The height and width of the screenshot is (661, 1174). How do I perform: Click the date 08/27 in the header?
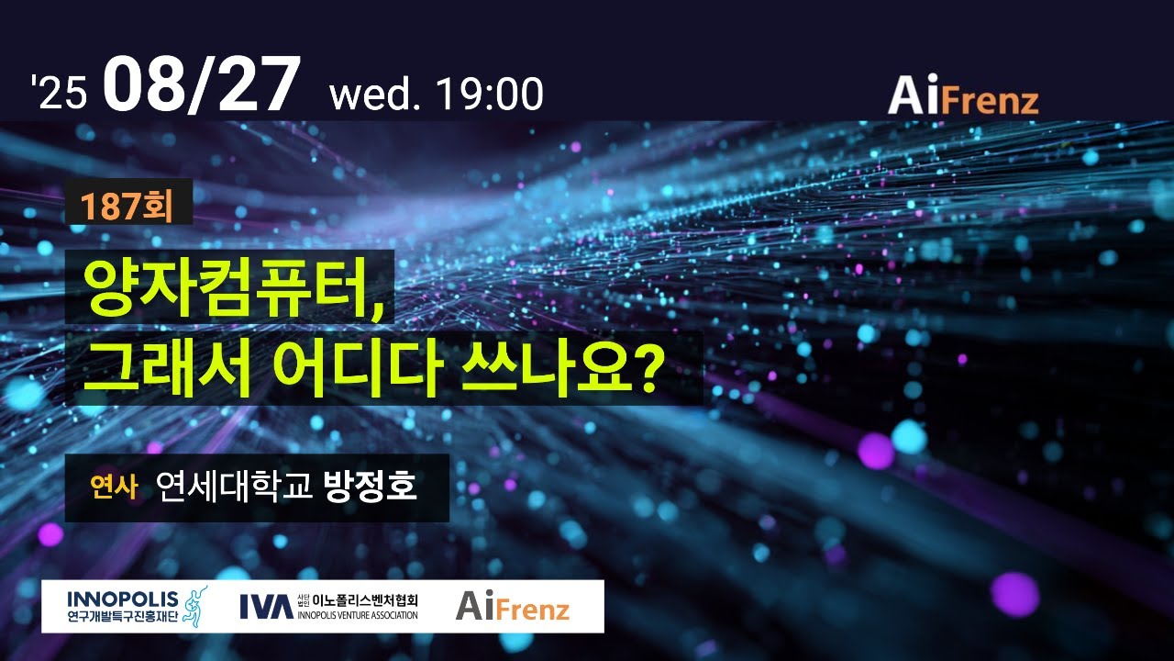tap(202, 86)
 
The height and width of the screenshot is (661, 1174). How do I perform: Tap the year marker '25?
tap(59, 94)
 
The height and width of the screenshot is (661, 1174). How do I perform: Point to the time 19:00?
tap(490, 95)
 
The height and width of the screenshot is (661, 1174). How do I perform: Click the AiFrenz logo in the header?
tap(962, 95)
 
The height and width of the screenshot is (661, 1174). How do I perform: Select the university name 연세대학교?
tap(235, 486)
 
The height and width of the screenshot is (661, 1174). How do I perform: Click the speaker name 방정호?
tap(371, 486)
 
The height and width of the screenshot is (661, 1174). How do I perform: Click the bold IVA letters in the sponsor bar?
tap(266, 606)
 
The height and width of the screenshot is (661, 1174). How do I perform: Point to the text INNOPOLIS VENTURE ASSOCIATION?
tap(358, 614)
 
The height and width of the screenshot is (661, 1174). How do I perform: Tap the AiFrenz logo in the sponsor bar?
tap(513, 606)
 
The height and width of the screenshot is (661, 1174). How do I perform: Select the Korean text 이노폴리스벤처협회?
tap(365, 599)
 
